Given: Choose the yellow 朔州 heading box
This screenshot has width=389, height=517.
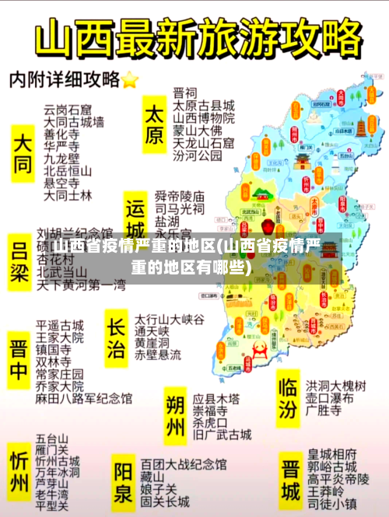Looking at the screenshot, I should (x=176, y=416).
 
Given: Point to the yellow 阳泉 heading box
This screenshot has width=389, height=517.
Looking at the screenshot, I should (x=124, y=482).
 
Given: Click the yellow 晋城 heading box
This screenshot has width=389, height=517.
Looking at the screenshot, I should (x=290, y=480).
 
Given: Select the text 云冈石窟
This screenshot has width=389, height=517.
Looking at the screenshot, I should (x=68, y=109).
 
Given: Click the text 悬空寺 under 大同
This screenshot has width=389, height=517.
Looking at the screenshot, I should (x=61, y=183).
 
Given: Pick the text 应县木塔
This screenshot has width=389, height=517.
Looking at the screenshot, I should (x=216, y=397).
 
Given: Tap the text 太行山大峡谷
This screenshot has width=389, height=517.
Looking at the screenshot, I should (x=169, y=319).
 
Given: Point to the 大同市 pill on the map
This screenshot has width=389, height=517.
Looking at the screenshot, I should (x=340, y=97).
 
